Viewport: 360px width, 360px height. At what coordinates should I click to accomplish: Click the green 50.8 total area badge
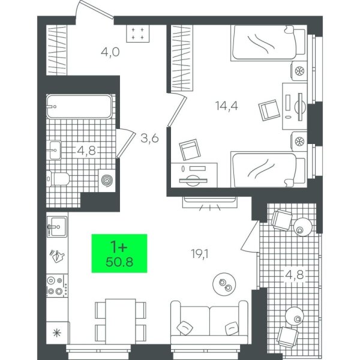pyautogui.click(x=119, y=253)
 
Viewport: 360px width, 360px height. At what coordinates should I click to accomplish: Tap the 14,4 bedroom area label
pyautogui.click(x=227, y=106)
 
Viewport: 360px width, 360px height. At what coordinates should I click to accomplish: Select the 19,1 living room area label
pyautogui.click(x=200, y=254)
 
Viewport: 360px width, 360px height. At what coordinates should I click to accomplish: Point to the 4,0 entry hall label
pyautogui.click(x=110, y=52)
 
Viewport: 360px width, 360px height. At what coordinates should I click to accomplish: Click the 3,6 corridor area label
pyautogui.click(x=149, y=139)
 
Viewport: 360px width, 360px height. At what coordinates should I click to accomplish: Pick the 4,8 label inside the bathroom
pyautogui.click(x=86, y=151)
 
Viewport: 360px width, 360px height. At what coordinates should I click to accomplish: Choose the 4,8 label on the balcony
pyautogui.click(x=295, y=275)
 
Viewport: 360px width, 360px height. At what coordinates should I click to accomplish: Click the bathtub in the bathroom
pyautogui.click(x=79, y=106)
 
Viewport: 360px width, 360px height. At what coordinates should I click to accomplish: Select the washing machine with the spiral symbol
pyautogui.click(x=107, y=180)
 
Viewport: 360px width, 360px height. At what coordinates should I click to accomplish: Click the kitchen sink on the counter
pyautogui.click(x=57, y=227)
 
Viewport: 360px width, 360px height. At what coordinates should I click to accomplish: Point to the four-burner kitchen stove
pyautogui.click(x=58, y=286)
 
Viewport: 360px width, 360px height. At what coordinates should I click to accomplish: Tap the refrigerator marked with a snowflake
pyautogui.click(x=58, y=332)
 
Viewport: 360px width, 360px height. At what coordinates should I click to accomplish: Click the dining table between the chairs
pyautogui.click(x=121, y=322)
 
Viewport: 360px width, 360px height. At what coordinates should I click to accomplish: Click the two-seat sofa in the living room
pyautogui.click(x=209, y=322)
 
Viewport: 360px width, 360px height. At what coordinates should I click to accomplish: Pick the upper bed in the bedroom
pyautogui.click(x=269, y=43)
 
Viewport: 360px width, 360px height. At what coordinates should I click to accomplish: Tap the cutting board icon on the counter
pyautogui.click(x=57, y=256)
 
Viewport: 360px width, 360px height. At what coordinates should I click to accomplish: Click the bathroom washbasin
pyautogui.click(x=55, y=150)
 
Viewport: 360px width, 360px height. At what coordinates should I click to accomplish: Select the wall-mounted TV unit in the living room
pyautogui.click(x=210, y=203)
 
